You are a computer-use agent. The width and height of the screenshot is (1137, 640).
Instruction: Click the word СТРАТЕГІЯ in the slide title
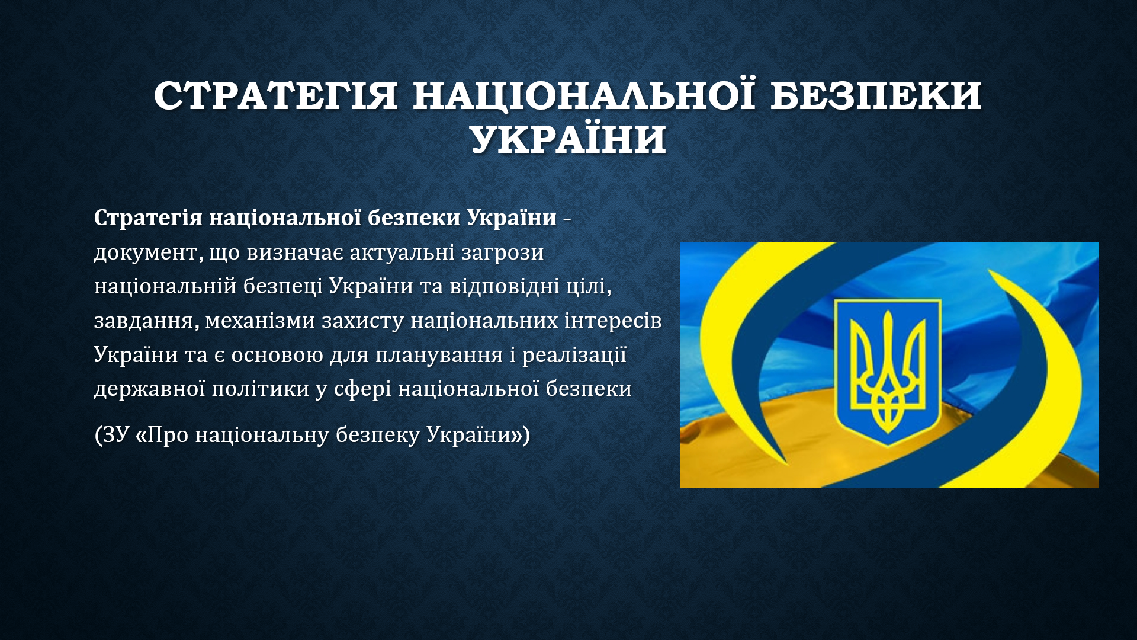click(x=275, y=95)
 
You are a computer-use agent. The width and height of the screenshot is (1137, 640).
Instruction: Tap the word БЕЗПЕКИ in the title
click(x=876, y=95)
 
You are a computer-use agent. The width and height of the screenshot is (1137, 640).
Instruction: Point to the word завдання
click(x=144, y=321)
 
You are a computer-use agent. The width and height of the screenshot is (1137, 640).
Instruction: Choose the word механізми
click(x=260, y=321)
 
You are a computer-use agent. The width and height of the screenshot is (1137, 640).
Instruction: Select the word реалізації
click(x=574, y=355)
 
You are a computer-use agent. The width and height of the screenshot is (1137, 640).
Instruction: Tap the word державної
click(x=149, y=389)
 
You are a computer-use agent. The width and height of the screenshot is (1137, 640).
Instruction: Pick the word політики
click(x=261, y=389)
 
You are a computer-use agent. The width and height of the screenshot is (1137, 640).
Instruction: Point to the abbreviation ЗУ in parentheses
click(x=115, y=435)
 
